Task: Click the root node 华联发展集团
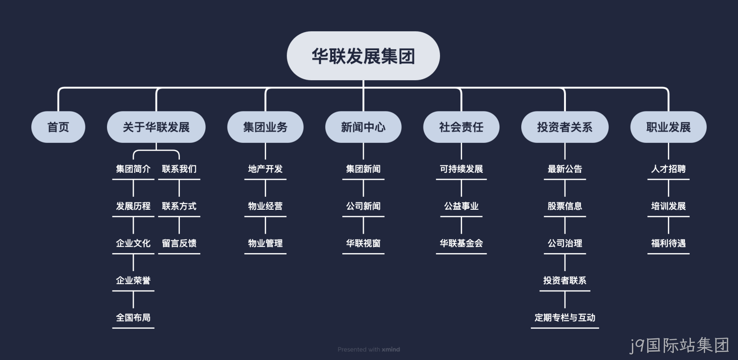click(x=363, y=56)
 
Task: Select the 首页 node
click(x=58, y=127)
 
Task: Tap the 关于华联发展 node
click(x=156, y=127)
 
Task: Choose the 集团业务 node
click(x=265, y=127)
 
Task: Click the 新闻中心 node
click(x=363, y=127)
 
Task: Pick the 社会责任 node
click(x=461, y=127)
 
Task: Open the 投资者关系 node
click(x=565, y=127)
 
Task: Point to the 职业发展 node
click(x=668, y=127)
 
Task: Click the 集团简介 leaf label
click(x=133, y=169)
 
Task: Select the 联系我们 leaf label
click(x=179, y=169)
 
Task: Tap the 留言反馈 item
click(x=179, y=243)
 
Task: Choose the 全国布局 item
click(x=133, y=318)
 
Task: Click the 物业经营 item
click(x=265, y=206)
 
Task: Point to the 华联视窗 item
click(x=363, y=243)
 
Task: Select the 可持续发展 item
click(x=461, y=169)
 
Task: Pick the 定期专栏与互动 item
click(x=565, y=318)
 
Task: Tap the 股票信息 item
click(x=565, y=206)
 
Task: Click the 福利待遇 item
click(x=668, y=243)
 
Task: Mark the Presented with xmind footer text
click(x=369, y=349)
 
